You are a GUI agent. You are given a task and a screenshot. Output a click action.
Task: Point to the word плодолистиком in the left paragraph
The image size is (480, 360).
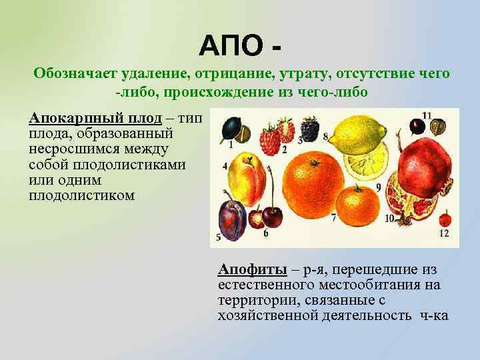[82, 196]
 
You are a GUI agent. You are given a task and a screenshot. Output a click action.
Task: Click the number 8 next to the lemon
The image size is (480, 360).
[325, 137]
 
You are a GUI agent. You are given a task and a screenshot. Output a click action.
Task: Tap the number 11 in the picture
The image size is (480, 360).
[427, 115]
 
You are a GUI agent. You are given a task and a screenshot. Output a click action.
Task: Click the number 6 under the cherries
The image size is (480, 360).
[266, 233]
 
